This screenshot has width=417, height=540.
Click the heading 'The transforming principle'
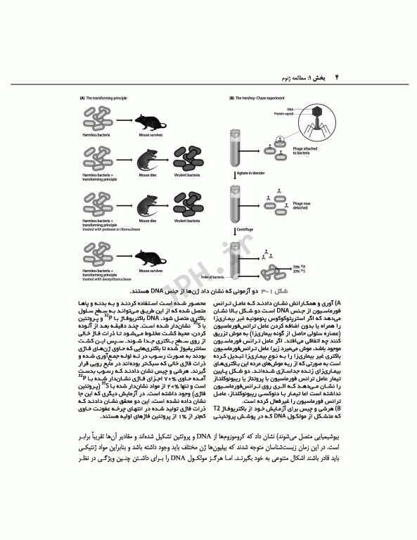[x=107, y=98]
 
